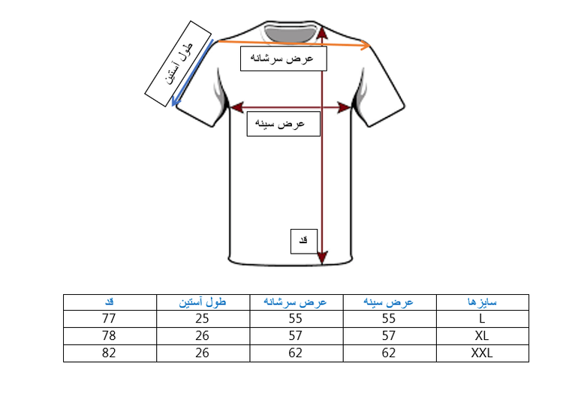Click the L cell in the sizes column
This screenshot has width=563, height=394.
[x=483, y=317]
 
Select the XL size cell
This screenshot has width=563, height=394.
[x=483, y=335]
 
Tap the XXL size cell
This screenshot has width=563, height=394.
[x=483, y=352]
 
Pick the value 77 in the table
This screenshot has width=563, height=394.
[x=109, y=317]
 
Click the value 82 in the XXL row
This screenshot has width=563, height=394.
[x=109, y=352]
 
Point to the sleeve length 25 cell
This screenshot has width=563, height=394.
[x=203, y=317]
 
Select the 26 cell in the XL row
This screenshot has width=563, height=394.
[x=203, y=335]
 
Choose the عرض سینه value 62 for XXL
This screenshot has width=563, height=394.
[x=389, y=352]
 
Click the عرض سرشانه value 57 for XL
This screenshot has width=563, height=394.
[x=296, y=335]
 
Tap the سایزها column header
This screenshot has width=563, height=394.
[x=483, y=302]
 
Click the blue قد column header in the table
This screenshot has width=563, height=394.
[x=109, y=302]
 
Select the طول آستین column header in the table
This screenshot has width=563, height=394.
[x=203, y=302]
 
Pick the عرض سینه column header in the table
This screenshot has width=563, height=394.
[x=389, y=302]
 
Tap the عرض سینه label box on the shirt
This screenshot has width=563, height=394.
[x=284, y=123]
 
